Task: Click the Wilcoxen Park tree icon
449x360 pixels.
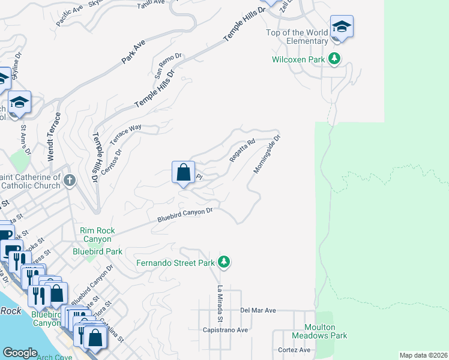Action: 335,59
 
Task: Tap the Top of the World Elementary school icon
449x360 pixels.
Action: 342,27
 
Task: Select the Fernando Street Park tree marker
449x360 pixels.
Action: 224,262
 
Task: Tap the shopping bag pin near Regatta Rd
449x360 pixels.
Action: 183,172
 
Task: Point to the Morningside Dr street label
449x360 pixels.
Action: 267,154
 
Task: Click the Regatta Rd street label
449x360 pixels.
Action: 242,151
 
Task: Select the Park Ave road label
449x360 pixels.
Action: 133,53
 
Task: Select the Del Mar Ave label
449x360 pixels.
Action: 258,310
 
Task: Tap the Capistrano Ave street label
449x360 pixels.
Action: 225,330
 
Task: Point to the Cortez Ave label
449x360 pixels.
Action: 294,350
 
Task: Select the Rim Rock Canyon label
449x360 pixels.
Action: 98,235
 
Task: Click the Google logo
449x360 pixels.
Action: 20,353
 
